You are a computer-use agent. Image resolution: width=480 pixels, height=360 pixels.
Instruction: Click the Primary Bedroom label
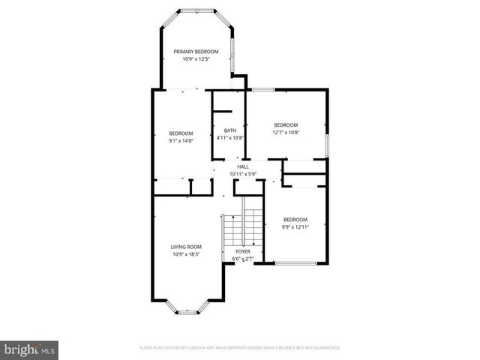(x=196, y=52)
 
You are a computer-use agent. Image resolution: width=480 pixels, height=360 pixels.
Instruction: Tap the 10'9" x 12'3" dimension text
(x=196, y=59)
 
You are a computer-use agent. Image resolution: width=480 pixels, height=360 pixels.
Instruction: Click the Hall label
(x=243, y=166)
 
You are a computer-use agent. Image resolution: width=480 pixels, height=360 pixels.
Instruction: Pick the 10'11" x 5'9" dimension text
(x=243, y=174)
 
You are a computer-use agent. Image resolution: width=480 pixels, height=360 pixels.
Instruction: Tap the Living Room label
(x=186, y=247)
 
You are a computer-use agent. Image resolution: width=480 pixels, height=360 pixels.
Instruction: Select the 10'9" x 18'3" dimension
(x=186, y=254)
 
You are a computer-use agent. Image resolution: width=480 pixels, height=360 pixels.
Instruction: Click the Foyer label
(x=243, y=251)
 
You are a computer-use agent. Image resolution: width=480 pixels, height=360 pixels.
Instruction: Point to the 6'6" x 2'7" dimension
(x=243, y=259)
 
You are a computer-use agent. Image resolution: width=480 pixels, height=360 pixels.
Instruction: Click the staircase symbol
(x=244, y=226)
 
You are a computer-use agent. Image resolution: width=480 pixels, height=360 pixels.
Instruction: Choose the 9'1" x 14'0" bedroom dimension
(x=181, y=140)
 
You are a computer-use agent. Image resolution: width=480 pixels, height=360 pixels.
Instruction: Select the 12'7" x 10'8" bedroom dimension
(x=285, y=132)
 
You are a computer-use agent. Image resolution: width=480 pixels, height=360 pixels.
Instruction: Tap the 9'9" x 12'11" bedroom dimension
(x=295, y=226)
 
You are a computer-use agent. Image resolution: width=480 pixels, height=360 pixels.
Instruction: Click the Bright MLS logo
(x=30, y=349)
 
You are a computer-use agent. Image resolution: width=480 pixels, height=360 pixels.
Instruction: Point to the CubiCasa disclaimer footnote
(x=240, y=348)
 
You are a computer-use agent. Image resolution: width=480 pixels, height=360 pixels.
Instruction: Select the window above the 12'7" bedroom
(x=262, y=90)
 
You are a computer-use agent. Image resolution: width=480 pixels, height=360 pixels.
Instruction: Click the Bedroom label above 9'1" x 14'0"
(x=181, y=133)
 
